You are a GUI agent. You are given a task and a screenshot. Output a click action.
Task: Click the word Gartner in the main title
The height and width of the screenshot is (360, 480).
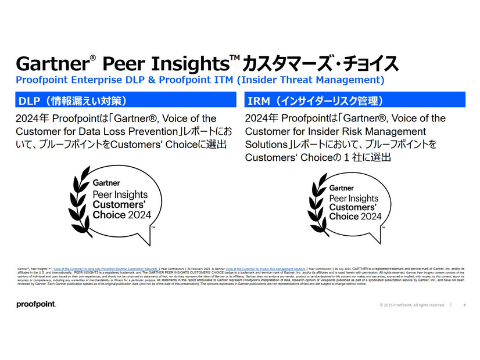click(x=51, y=63)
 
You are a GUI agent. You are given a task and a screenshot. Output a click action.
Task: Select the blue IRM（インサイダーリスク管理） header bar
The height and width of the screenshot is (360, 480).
click(x=354, y=100)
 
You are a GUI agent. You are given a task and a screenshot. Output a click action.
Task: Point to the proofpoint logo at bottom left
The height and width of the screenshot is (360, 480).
click(x=36, y=305)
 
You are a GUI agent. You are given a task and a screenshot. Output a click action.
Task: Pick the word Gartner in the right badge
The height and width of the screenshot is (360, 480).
click(x=342, y=188)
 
